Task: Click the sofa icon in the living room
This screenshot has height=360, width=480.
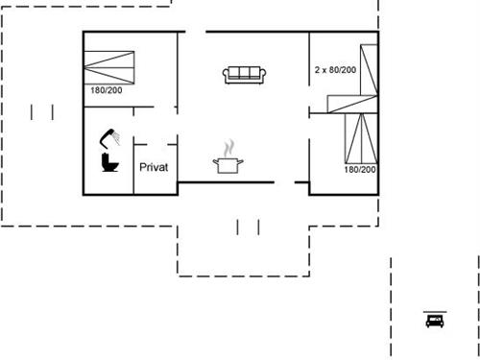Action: click(243, 74)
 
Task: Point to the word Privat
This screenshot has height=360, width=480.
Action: click(155, 167)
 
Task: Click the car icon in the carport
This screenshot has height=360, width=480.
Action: click(434, 320)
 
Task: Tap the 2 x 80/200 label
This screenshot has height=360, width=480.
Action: click(335, 70)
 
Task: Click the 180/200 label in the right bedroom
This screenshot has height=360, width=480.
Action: click(360, 170)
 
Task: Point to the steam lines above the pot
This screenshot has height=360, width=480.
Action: click(228, 147)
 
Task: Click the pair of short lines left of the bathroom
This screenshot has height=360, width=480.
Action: click(42, 112)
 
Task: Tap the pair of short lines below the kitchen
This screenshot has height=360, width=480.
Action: click(249, 227)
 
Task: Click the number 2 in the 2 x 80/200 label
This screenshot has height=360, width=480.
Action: click(318, 70)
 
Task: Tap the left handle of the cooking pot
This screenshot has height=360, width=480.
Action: click(215, 161)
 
